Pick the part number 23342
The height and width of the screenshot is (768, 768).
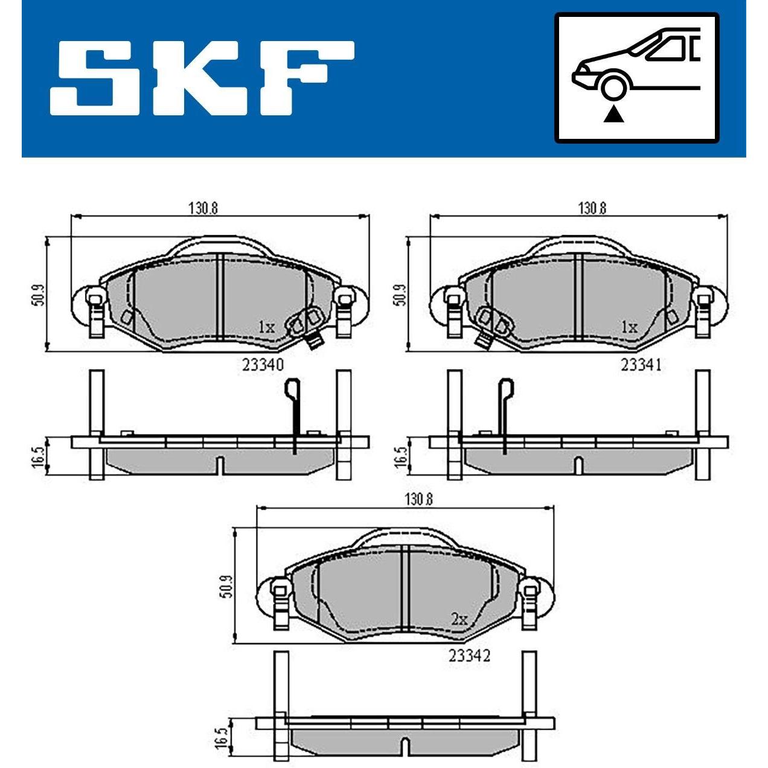click(470, 656)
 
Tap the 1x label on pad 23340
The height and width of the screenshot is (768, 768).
click(267, 327)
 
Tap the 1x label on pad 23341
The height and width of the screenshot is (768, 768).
click(629, 327)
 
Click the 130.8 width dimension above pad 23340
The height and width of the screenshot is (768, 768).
click(203, 209)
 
